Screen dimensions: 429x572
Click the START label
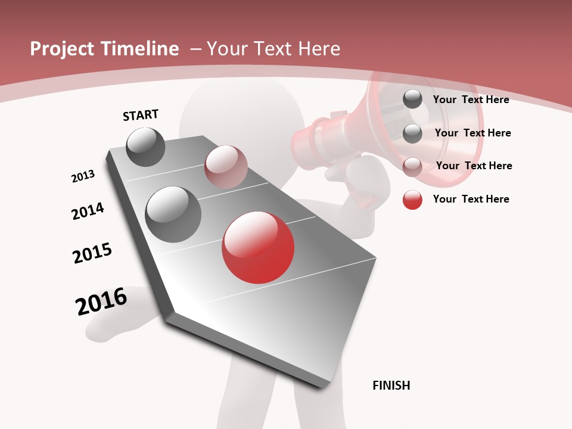coord(141,115)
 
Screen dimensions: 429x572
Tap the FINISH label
coord(391,386)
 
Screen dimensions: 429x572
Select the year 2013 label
coord(83,176)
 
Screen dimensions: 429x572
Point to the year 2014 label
coord(88,211)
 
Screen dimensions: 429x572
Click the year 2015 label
coord(92,253)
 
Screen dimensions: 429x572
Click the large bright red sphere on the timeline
coord(258,247)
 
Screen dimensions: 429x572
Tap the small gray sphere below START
coord(146,147)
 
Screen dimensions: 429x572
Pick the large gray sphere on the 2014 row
coord(173,214)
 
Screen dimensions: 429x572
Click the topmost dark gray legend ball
coord(412,100)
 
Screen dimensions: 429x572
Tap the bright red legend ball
coord(412,200)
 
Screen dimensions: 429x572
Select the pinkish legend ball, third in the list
coord(412,166)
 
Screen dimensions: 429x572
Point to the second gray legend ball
coord(412,133)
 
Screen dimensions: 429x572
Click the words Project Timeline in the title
coord(104,49)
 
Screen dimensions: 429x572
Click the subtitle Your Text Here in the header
coord(273,49)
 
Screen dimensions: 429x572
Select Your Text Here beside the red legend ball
coord(471,199)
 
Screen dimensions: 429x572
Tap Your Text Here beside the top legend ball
coord(471,100)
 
